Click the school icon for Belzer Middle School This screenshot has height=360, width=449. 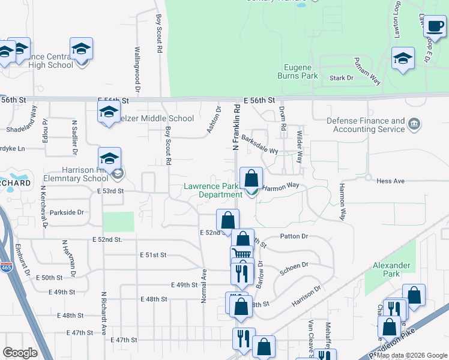pos(109,112)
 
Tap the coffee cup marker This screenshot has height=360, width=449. pos(434,26)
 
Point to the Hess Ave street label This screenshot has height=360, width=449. pos(391,181)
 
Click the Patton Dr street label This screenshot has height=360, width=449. pos(295,236)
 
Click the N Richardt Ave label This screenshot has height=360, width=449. pos(104,313)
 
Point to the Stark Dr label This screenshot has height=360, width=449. pos(340,78)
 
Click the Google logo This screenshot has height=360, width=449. pos(20,353)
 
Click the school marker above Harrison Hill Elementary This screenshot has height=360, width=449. pos(109,159)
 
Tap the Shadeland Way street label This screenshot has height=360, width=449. pos(35,120)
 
